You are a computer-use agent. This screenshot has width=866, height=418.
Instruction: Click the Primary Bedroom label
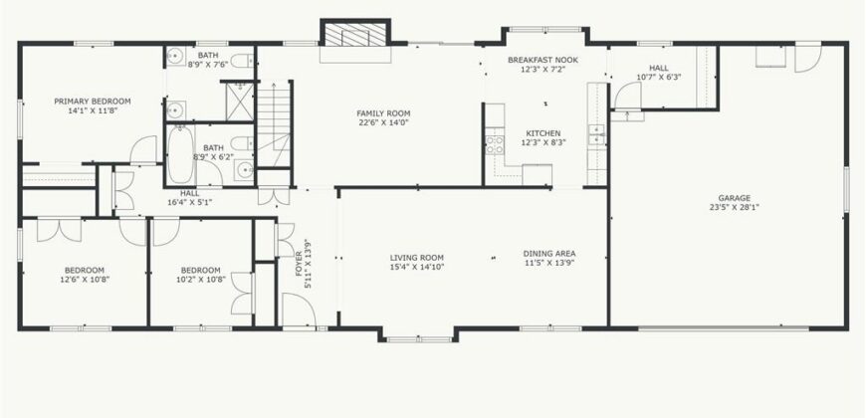[93, 102]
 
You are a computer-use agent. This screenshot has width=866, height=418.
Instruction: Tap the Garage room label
[734, 198]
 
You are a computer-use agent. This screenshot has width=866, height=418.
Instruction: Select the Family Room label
[391, 113]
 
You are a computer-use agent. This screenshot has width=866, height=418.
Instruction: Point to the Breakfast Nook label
[542, 60]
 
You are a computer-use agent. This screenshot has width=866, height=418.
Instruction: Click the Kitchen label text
[542, 133]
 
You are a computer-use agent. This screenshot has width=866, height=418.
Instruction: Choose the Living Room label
[417, 258]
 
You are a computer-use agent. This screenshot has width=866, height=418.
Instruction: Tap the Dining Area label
[549, 254]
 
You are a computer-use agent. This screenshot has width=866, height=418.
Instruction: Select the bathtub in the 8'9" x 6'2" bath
[180, 154]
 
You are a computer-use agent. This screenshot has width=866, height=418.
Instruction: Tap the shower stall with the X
[240, 102]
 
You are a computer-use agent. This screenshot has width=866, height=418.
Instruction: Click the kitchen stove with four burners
[495, 144]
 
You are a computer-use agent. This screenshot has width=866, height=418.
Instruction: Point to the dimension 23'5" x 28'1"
[734, 208]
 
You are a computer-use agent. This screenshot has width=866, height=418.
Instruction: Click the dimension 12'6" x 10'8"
[85, 280]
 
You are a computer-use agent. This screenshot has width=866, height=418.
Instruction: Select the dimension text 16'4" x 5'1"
[190, 202]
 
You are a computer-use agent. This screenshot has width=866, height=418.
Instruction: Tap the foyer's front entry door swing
[299, 310]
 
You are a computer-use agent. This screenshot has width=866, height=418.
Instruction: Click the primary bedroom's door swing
[143, 149]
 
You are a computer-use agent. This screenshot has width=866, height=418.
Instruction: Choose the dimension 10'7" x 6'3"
[659, 78]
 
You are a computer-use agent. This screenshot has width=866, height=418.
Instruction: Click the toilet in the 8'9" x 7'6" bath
[242, 60]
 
